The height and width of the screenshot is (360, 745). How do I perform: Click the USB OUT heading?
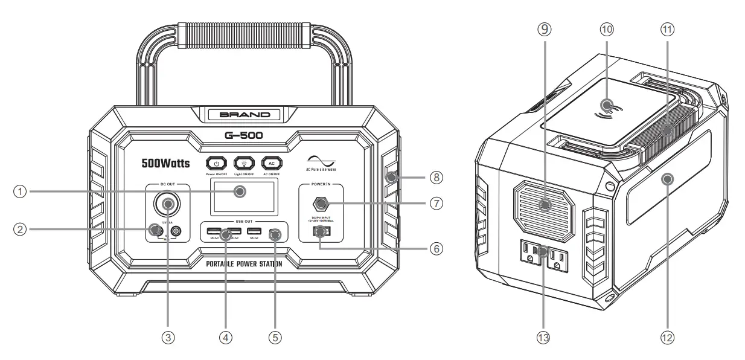243,220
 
